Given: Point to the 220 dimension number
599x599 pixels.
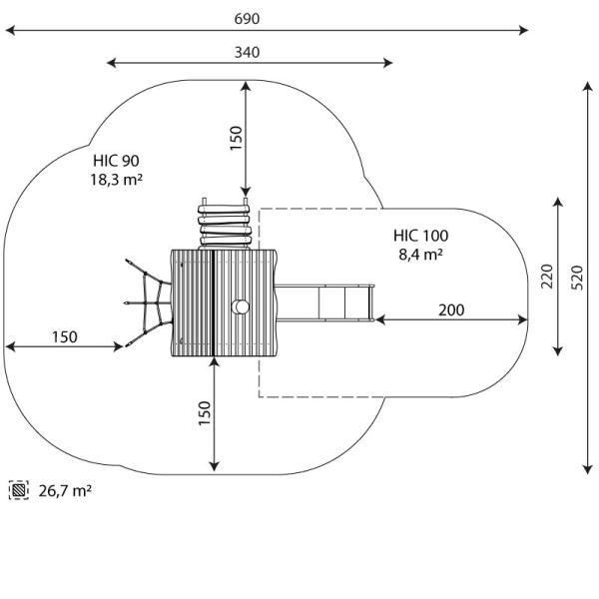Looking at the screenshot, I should pos(546,277).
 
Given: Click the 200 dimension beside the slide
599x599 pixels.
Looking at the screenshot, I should pos(451,309).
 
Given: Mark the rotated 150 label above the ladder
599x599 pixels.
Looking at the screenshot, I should pos(236,140).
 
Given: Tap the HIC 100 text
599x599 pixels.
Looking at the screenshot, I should pos(420,236).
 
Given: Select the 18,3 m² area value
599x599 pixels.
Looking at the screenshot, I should pos(117,180).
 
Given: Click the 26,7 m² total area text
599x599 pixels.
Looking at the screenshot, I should pos(66,490).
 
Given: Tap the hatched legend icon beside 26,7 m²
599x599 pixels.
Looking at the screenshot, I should pos(19,490).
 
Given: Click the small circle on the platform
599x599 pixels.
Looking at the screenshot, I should pos(240,306).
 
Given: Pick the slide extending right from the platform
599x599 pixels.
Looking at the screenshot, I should pos(324,302).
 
